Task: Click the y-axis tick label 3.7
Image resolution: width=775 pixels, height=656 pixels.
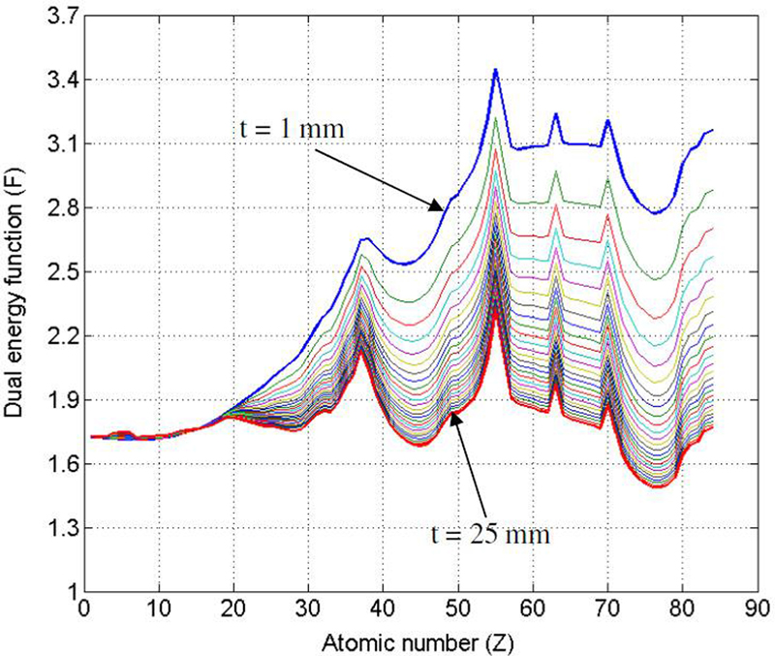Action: click(61, 16)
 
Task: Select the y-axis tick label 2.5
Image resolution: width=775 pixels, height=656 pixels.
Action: click(61, 271)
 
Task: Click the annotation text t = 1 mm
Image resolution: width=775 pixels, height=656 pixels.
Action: click(290, 129)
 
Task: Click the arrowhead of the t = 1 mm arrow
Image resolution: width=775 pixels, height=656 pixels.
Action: click(444, 206)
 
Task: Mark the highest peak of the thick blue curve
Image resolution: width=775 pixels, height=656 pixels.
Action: click(495, 69)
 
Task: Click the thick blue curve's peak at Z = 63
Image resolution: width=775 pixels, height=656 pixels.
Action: click(556, 113)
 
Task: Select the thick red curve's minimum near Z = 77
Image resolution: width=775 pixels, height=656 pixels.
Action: click(659, 486)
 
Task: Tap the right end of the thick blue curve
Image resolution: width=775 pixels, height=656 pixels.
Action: click(712, 130)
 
